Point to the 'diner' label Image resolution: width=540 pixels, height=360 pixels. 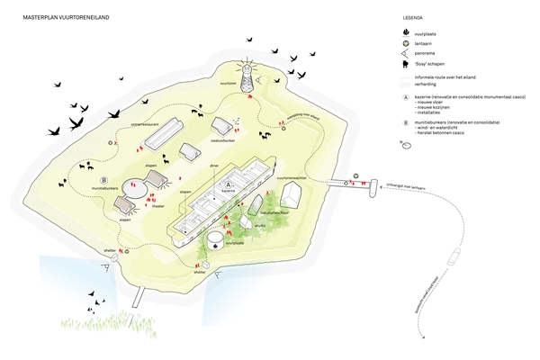[x=214, y=165]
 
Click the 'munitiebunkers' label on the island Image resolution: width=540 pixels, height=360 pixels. [x=105, y=189]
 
